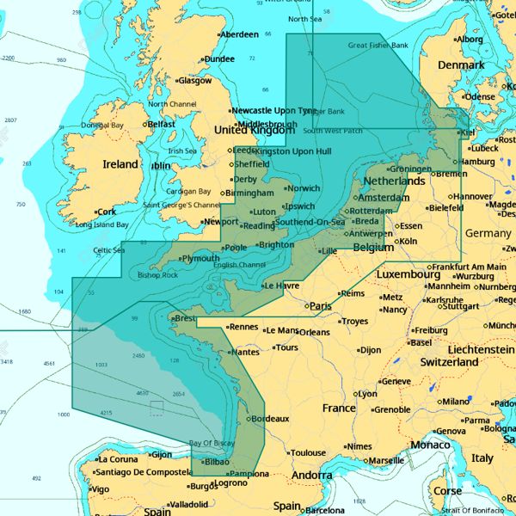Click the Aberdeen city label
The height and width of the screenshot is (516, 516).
coord(239,34)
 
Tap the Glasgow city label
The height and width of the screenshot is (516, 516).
coord(194,81)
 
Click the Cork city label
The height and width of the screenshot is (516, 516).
coord(107,212)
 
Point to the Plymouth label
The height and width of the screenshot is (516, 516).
coord(200,258)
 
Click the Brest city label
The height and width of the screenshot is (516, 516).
coord(186,318)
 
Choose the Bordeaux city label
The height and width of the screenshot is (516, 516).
coord(271,419)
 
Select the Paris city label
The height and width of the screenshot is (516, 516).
coord(321,305)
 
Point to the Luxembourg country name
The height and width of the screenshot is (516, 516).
coord(408,274)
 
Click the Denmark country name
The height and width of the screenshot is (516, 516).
coord(461,65)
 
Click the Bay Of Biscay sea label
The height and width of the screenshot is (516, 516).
coord(212,443)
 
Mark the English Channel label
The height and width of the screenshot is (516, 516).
coord(239,265)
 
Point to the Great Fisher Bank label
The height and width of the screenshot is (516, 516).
coord(378,45)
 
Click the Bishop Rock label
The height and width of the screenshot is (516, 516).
coord(158,275)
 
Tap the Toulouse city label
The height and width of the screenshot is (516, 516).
coord(308,453)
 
